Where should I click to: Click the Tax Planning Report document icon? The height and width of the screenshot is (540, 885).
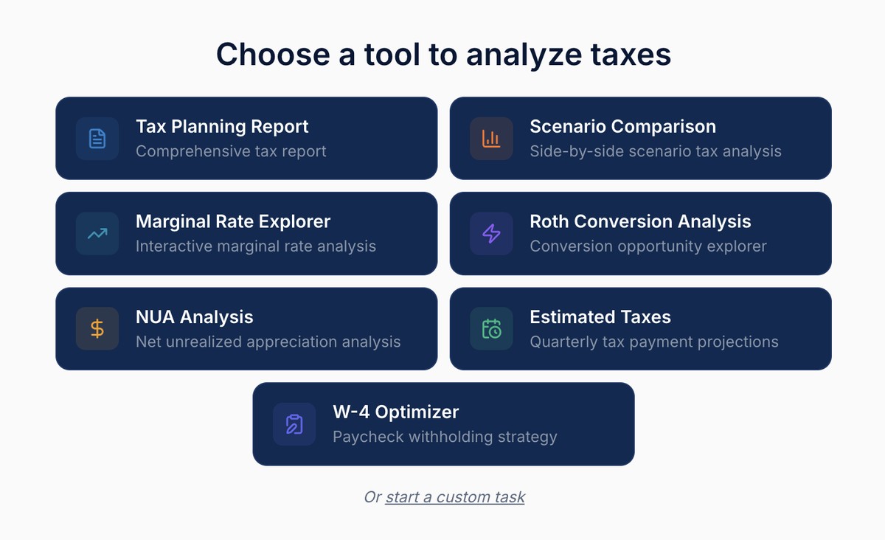pos(97,139)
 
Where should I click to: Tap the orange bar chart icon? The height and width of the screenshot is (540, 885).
pos(491,139)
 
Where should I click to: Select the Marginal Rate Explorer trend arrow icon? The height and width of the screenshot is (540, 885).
pos(97,234)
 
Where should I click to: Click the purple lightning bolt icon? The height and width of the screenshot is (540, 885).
pos(491,234)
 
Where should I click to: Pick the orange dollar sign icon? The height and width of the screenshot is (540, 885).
pos(97,328)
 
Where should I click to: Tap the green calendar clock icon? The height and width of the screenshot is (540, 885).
pos(491,328)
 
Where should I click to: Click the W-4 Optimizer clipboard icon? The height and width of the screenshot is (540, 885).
pos(294,424)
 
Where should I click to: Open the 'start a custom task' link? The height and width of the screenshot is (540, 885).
pos(455,497)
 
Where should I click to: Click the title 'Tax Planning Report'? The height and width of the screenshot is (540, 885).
pos(222,127)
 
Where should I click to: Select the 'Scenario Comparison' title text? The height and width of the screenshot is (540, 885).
pos(622,127)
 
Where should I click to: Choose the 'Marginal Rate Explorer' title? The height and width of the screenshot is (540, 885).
pos(233,221)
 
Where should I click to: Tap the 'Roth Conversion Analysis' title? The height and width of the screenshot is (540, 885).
pos(640,221)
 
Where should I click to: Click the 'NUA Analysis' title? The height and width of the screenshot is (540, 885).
pos(194,317)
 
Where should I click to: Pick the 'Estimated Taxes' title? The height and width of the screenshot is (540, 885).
pos(600,317)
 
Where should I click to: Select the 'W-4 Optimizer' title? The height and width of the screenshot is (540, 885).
pos(395,412)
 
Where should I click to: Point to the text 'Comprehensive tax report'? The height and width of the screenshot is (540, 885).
pos(231,152)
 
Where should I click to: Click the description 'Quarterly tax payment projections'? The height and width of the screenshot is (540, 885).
pos(654,342)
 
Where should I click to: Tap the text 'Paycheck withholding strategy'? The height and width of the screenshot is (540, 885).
pos(445,437)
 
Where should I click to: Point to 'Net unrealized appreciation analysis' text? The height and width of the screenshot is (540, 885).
pos(268,342)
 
